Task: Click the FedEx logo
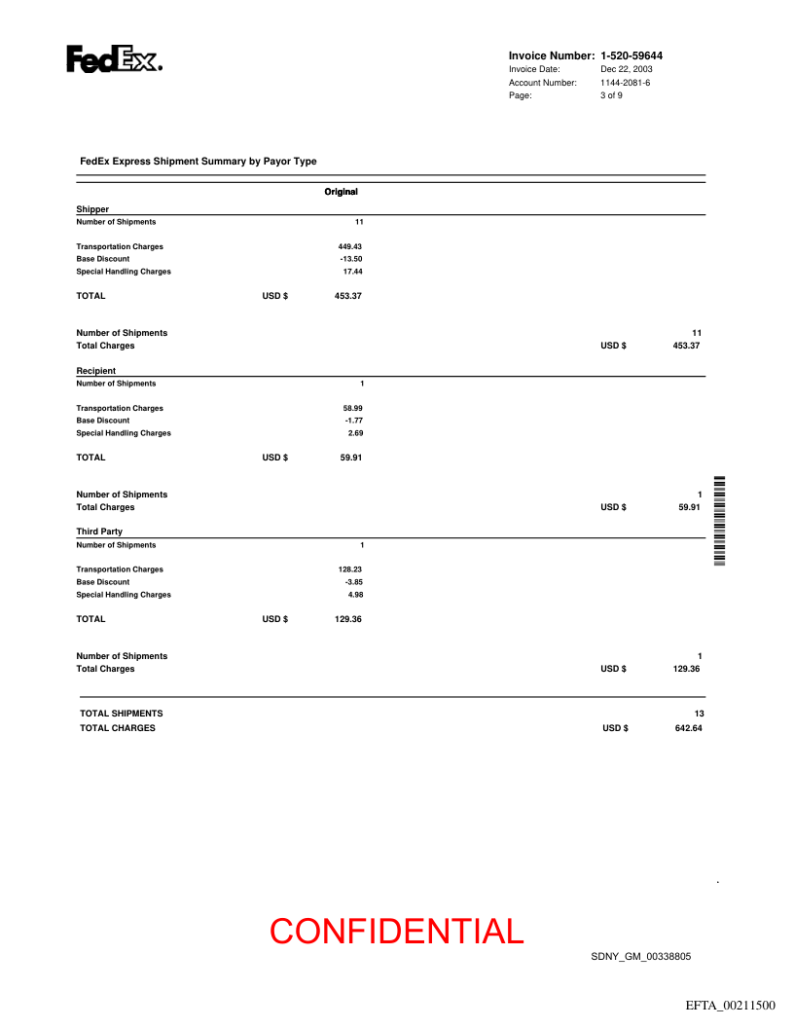pos(114,59)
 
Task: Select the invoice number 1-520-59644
pos(638,55)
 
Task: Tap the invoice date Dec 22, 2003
pos(627,69)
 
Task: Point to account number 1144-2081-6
pos(625,83)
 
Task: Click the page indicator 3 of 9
pos(611,95)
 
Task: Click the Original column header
pos(341,192)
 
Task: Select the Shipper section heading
pos(92,209)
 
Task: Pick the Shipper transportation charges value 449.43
pos(349,246)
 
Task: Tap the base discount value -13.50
pos(350,259)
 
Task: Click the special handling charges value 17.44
pos(352,272)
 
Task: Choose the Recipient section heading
pos(96,371)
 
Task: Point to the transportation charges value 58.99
pos(352,408)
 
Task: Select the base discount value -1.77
pos(353,421)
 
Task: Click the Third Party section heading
pos(99,532)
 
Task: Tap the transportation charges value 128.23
pos(349,569)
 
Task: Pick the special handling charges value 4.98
pos(355,595)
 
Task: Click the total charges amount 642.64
pos(688,727)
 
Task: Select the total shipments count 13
pos(698,714)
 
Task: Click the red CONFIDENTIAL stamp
pos(397,932)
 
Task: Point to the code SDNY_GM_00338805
pos(640,957)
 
